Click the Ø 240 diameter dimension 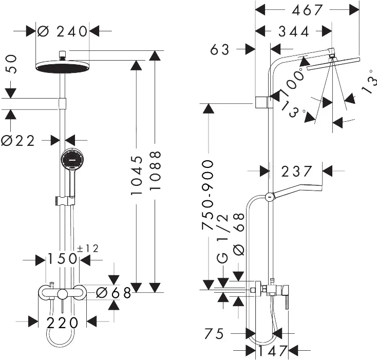(63, 31)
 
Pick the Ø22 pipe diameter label (18, 140)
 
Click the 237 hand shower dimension (296, 171)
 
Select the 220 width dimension (62, 323)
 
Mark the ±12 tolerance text (88, 249)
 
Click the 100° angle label (291, 82)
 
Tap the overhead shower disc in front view (63, 67)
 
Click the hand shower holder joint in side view (269, 197)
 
